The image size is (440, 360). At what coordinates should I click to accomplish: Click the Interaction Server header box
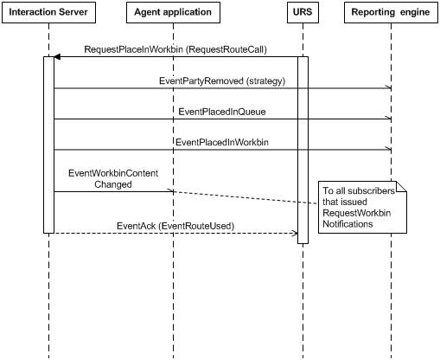click(x=48, y=12)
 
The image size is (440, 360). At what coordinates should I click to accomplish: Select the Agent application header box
click(x=173, y=12)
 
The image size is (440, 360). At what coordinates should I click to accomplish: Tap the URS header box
click(x=303, y=12)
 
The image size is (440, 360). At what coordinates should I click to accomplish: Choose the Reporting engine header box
click(x=391, y=12)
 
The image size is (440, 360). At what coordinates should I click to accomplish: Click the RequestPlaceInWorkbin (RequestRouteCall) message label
click(x=175, y=49)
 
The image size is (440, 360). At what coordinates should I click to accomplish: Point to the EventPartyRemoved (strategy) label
click(x=222, y=80)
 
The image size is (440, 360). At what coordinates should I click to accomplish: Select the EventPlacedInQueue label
click(x=222, y=112)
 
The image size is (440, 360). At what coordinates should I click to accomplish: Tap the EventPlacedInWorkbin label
click(x=222, y=142)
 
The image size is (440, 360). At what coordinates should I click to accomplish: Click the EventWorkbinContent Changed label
click(x=113, y=178)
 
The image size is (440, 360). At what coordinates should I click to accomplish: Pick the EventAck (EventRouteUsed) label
click(x=175, y=226)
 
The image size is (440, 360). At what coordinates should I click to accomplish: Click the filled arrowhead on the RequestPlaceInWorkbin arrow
click(x=57, y=57)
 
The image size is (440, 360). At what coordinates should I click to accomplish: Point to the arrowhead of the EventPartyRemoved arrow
click(x=389, y=87)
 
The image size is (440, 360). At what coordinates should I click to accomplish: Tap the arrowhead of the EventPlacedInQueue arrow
click(x=389, y=119)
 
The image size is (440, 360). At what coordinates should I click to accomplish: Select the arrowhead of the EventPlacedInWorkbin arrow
click(x=389, y=150)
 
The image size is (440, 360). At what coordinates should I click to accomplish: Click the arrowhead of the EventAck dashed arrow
click(x=295, y=233)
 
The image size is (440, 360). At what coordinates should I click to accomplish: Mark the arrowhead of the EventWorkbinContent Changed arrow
click(x=170, y=191)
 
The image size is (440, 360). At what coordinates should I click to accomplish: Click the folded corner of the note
click(x=401, y=186)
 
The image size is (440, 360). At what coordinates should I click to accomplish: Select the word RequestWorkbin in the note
click(x=357, y=213)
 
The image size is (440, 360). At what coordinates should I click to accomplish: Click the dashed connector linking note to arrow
click(x=246, y=197)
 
